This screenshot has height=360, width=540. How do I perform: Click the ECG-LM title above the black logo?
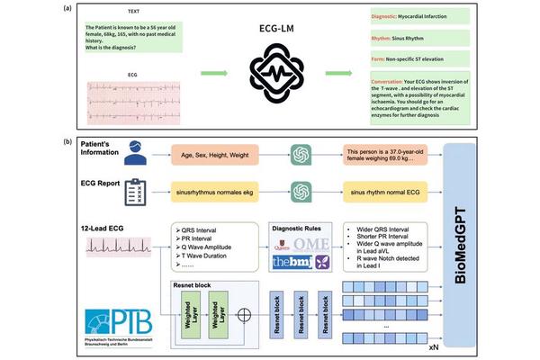click(272, 27)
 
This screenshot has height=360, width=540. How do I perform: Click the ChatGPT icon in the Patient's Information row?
click(301, 156)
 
